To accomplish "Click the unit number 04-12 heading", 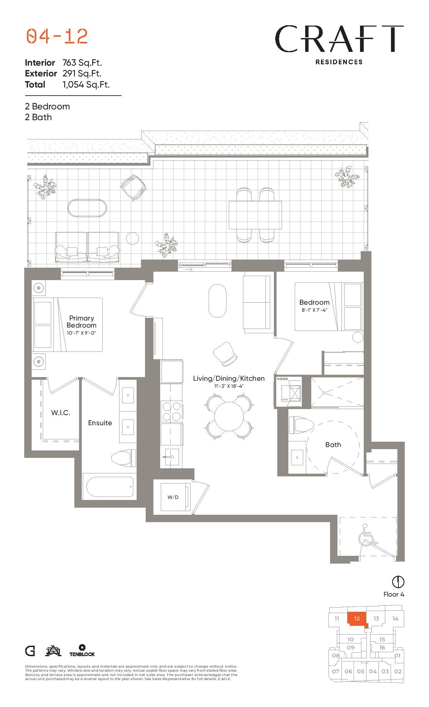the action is click(x=57, y=36).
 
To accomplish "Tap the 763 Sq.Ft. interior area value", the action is click(x=82, y=63).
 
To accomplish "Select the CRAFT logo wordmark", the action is click(x=339, y=39).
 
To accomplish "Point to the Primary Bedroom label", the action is click(x=81, y=322).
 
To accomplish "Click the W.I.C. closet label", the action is click(x=61, y=413).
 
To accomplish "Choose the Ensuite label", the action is click(x=100, y=423).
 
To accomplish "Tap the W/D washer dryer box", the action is click(x=173, y=497).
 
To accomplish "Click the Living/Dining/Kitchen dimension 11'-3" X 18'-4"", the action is click(x=229, y=386).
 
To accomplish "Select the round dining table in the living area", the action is click(x=229, y=416).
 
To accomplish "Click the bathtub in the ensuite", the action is click(x=110, y=487).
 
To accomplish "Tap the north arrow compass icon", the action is click(x=398, y=581).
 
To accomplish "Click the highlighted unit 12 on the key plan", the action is click(x=357, y=619).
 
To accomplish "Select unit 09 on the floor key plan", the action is click(x=350, y=647).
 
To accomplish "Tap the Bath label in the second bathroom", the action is click(x=333, y=445).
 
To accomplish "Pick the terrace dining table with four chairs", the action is click(x=255, y=215).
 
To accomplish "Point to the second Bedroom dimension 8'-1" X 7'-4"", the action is click(x=314, y=310).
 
